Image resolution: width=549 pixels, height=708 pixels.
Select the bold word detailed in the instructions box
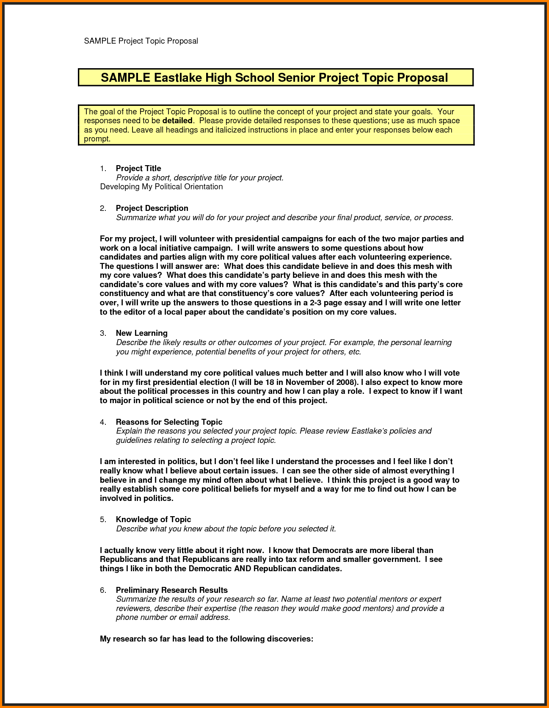pos(177,121)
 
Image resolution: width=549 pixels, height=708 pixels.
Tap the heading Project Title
pos(138,169)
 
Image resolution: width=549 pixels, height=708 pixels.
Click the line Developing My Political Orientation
pos(161,187)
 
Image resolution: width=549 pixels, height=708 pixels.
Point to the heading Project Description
pos(152,208)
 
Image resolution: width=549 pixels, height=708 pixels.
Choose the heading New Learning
pos(142,333)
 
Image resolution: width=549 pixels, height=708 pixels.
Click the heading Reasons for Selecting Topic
pos(169,422)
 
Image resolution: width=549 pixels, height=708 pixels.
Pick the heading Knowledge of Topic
pos(153,520)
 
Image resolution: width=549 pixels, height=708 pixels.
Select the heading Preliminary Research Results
pos(171,590)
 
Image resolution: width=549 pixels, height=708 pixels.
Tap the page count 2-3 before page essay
pos(318,303)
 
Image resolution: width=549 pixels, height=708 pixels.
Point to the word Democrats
pos(333,550)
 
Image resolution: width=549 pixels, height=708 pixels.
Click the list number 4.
pos(103,422)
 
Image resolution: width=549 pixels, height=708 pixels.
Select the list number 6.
pos(103,590)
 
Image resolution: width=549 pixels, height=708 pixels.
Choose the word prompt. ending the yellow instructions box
pos(97,139)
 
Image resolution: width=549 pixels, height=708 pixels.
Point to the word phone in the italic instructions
pos(127,617)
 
